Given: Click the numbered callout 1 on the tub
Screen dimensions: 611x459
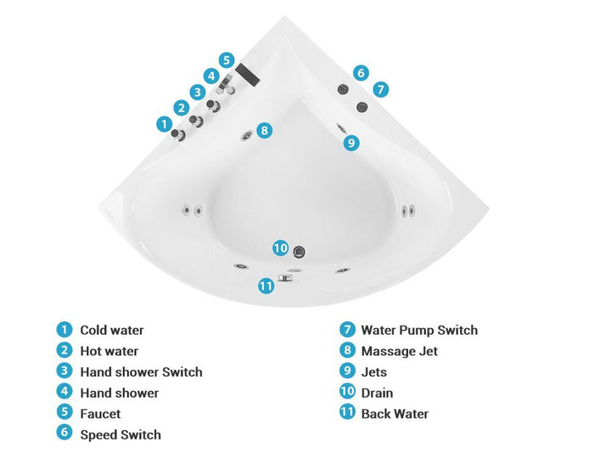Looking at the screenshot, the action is click(x=164, y=124).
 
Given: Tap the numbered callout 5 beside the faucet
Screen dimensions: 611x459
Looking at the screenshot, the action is click(x=227, y=60).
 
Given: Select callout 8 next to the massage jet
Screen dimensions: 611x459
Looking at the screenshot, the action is click(x=265, y=130).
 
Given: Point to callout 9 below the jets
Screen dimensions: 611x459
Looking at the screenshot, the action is click(x=351, y=143).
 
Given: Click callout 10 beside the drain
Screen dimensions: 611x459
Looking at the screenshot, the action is click(x=280, y=248).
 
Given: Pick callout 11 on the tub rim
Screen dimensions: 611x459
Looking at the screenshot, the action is click(x=266, y=286).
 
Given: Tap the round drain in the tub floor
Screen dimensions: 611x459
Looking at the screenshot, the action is click(x=299, y=252).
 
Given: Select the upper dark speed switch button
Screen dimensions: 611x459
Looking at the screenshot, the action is click(x=343, y=89).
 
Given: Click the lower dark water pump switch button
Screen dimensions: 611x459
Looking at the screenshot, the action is click(x=362, y=107).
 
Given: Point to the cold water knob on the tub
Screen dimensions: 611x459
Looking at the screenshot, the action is click(x=177, y=134).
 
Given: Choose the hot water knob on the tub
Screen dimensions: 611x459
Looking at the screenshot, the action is click(x=196, y=121).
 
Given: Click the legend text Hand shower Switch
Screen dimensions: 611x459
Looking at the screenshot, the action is click(x=141, y=372).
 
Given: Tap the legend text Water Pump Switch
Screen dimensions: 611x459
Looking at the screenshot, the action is click(x=419, y=330).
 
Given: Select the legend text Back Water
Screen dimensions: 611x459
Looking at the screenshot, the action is click(x=395, y=414).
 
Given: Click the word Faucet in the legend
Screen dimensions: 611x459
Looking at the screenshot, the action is click(x=100, y=414).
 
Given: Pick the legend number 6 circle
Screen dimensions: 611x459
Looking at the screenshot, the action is click(x=64, y=432).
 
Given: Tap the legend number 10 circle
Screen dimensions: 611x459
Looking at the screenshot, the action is click(x=347, y=391).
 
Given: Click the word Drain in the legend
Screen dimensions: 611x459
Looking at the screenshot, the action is click(x=377, y=393).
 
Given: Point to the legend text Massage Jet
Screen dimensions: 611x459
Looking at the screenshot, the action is click(x=400, y=351).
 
